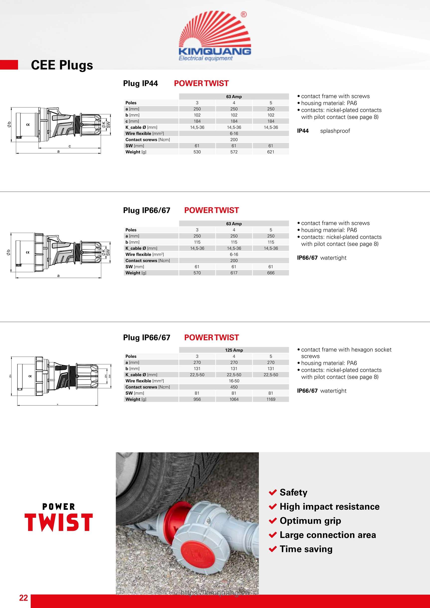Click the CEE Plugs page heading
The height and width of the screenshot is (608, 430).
pos(62,65)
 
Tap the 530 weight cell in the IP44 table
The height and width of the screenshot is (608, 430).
pos(197,152)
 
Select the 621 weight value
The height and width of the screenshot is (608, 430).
pos(270,152)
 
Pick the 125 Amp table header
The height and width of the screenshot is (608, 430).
pos(234,350)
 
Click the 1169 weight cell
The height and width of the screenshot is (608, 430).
pos(271,399)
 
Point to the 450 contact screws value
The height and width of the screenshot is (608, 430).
pos(234,387)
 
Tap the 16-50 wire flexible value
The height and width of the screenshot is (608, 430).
pos(234,381)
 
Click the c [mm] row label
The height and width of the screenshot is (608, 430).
pos(132,121)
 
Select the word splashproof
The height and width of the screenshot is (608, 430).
pos(335,131)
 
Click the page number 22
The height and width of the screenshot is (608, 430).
pos(23,598)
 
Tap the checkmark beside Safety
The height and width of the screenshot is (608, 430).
pos(273,492)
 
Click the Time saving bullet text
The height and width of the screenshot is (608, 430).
pos(306,549)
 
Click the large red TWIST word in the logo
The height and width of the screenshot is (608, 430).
pos(59,523)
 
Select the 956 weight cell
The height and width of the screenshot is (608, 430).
pos(197,399)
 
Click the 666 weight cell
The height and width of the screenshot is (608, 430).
pos(271,273)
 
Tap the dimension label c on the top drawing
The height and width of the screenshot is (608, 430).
pos(70,146)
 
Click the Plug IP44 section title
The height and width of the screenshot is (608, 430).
pos(140,83)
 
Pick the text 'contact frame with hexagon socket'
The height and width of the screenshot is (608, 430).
pos(346,350)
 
